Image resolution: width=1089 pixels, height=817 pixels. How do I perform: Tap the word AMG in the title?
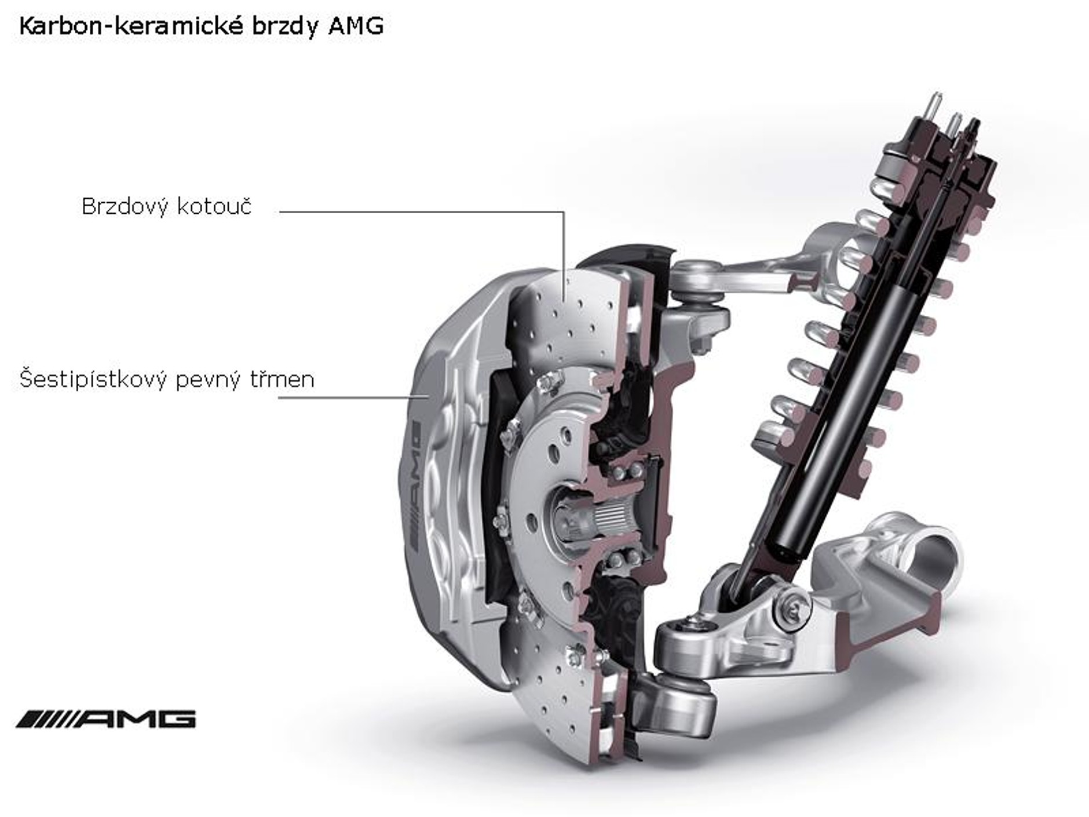(x=355, y=27)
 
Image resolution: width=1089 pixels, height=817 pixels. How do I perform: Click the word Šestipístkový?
(x=93, y=380)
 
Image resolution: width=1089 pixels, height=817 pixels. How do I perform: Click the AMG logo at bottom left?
(x=106, y=719)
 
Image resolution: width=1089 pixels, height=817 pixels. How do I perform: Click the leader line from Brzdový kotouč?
(x=423, y=212)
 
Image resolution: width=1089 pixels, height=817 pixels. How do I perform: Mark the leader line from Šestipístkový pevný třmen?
(x=353, y=398)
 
